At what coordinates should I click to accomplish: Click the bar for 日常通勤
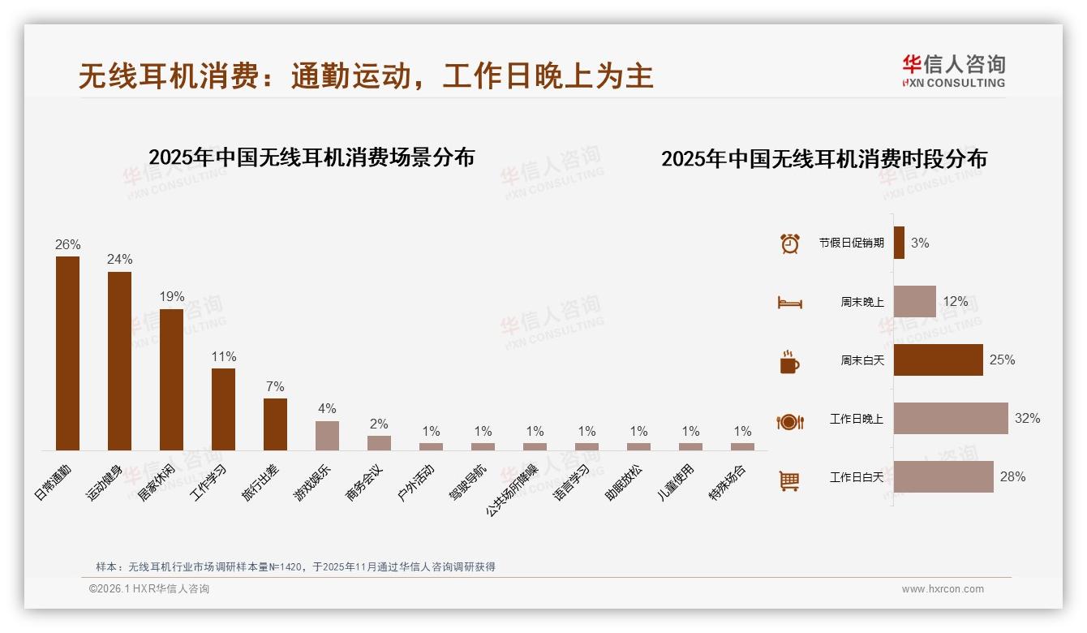[67, 353]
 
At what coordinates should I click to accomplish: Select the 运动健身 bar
[119, 360]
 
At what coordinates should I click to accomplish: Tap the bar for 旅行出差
[275, 424]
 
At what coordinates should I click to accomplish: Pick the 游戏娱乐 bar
[327, 435]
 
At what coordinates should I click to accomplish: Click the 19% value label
[171, 296]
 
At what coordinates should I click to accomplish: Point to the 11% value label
[223, 356]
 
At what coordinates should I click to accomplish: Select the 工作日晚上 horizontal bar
[951, 418]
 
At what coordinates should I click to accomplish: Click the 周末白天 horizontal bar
[938, 360]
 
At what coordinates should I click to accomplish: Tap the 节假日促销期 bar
[899, 243]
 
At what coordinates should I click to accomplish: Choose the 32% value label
[1027, 418]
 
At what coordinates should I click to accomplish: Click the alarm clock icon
[789, 243]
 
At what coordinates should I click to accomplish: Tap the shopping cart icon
[789, 481]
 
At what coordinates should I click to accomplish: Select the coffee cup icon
[789, 362]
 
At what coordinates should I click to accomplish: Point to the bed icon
[789, 303]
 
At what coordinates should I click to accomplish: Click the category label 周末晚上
[861, 302]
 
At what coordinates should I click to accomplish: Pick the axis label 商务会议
[364, 482]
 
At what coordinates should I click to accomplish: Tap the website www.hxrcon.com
[942, 589]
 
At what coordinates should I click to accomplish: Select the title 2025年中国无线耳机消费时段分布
[823, 159]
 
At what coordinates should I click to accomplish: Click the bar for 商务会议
[379, 442]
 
